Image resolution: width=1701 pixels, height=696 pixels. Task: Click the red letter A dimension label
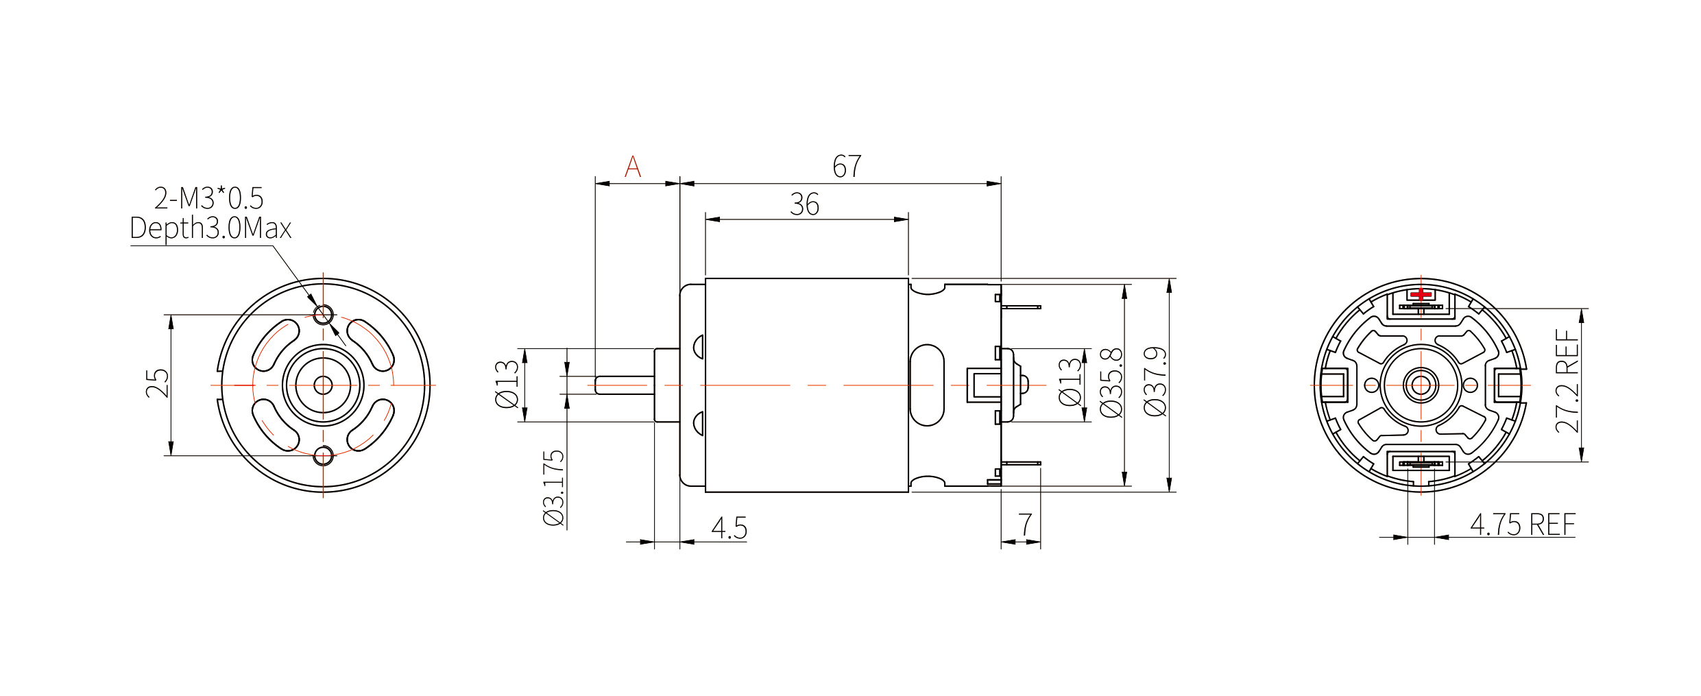click(633, 167)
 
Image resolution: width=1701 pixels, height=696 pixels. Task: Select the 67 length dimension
click(847, 167)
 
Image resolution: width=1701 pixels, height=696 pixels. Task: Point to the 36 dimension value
click(804, 204)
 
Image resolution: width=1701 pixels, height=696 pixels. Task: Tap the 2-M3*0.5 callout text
click(208, 199)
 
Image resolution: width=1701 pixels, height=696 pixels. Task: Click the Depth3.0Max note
click(210, 228)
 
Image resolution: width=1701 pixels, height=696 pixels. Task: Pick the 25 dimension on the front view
click(157, 383)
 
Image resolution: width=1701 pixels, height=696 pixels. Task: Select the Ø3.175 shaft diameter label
click(554, 488)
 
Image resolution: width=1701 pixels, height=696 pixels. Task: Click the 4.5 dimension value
click(729, 528)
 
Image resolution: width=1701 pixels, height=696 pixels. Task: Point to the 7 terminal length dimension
click(1025, 525)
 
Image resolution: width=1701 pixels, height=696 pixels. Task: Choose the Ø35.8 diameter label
click(1111, 383)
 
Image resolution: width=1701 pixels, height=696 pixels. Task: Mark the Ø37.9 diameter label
click(1155, 381)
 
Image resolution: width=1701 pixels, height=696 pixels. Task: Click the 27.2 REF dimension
click(1567, 381)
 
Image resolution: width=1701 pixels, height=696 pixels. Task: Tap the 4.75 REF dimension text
click(1523, 525)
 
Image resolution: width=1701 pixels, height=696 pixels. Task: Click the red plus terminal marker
click(1421, 295)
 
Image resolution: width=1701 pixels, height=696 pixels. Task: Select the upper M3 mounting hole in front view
click(323, 315)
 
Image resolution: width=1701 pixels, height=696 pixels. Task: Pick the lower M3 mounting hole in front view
click(323, 455)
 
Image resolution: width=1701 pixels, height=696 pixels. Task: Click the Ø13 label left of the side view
click(507, 384)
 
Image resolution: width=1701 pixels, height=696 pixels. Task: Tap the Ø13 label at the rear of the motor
click(1070, 383)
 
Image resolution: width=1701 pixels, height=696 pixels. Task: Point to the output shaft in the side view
click(624, 385)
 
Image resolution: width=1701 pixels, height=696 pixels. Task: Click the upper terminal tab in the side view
click(1021, 307)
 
